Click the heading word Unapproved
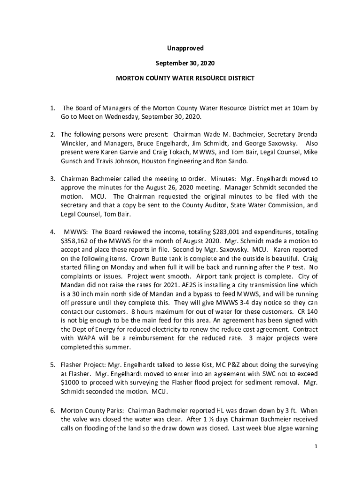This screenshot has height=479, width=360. point(185,48)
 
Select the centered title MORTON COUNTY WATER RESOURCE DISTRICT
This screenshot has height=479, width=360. point(185,78)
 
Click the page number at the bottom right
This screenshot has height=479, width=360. point(316,447)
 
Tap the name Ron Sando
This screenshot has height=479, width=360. point(234,161)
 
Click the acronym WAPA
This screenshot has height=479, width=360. point(87,338)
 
